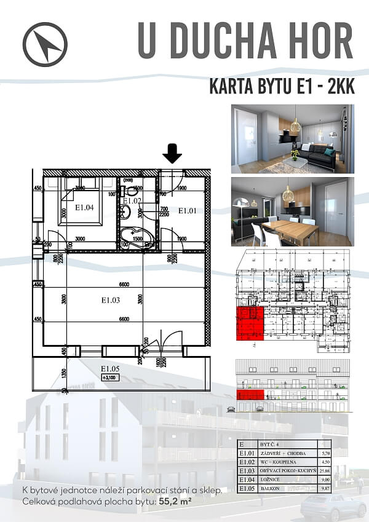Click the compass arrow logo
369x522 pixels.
point(45,45)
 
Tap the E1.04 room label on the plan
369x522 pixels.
point(84,208)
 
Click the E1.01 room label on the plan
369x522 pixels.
point(187,211)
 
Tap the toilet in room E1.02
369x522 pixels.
point(125,212)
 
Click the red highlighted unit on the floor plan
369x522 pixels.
point(250,323)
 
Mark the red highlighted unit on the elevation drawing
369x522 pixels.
point(250,394)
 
